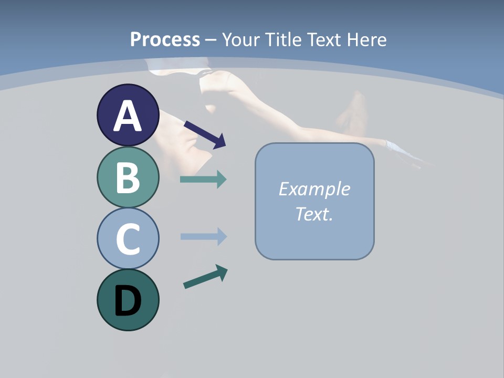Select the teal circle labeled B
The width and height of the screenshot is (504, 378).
click(x=128, y=177)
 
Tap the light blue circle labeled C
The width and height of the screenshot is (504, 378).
click(x=128, y=239)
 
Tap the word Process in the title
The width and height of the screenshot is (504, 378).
click(x=165, y=39)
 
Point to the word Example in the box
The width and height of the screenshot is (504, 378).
click(x=314, y=189)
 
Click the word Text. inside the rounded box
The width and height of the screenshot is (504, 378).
click(x=314, y=214)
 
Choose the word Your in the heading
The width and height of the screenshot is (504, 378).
click(x=239, y=39)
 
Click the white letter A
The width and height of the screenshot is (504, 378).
click(x=128, y=115)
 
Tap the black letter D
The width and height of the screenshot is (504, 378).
click(x=128, y=301)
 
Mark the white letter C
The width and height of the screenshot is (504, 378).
click(x=128, y=239)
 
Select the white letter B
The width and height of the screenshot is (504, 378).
click(x=128, y=177)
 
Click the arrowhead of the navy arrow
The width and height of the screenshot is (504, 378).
click(x=219, y=141)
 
